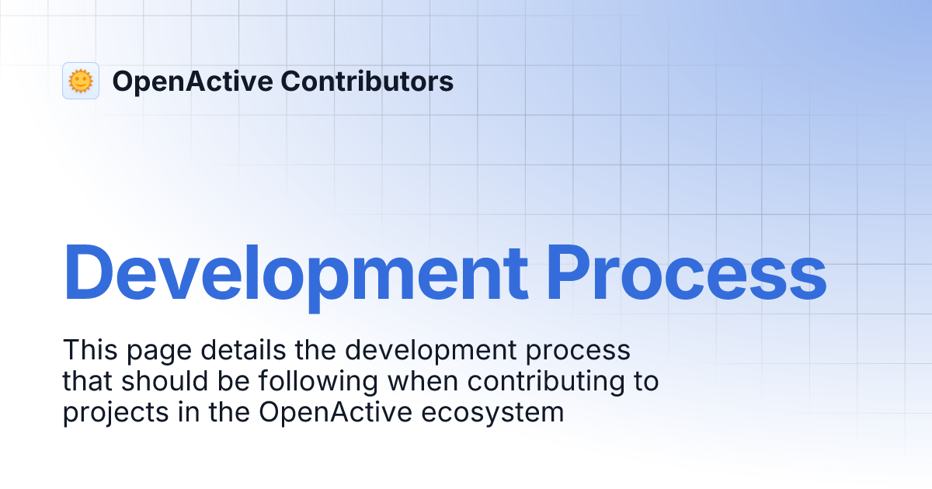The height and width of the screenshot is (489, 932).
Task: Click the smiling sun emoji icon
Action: (81, 81)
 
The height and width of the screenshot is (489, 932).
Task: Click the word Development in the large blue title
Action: (296, 273)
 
